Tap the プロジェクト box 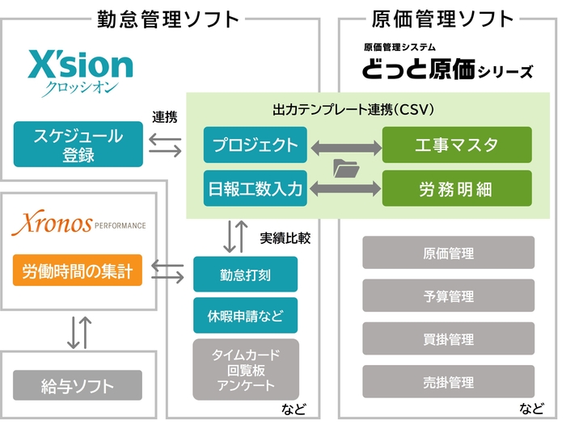tap(255, 145)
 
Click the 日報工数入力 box tap(255, 189)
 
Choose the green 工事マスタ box tap(457, 145)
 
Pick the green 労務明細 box tap(457, 189)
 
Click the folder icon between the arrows tap(345, 168)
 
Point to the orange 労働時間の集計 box tap(78, 270)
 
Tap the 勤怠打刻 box tap(245, 275)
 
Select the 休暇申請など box tap(245, 315)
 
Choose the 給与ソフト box tap(78, 386)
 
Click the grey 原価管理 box tap(449, 253)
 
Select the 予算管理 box tap(449, 296)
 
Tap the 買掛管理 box tap(449, 338)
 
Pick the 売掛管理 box tap(449, 381)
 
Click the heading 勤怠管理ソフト tap(167, 18)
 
